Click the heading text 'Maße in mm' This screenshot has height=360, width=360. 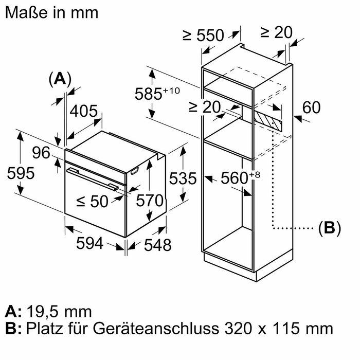coord(51,12)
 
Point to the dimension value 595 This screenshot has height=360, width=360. coord(21,173)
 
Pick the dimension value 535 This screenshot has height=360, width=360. coord(183,178)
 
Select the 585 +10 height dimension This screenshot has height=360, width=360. coord(156,94)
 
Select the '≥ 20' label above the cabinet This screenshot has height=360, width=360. coord(276,32)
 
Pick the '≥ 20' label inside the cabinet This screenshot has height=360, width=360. coord(204,107)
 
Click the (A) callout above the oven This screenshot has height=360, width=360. coord(59,79)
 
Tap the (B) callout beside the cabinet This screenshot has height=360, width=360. coord(330,228)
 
